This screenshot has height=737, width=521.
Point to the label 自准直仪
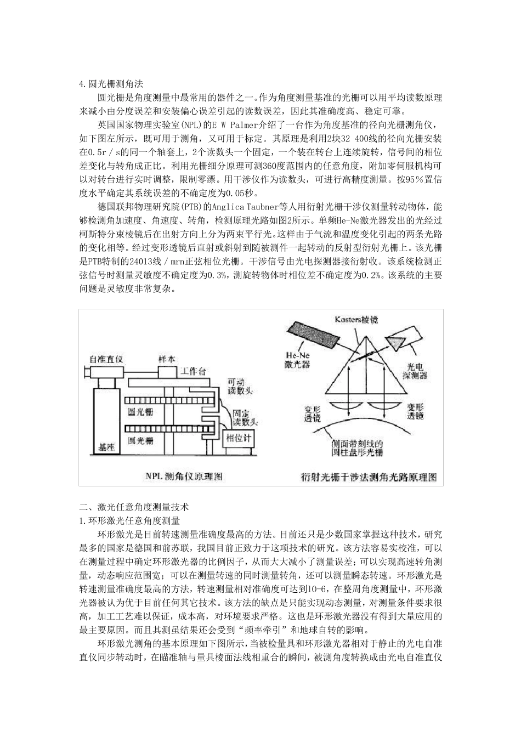click(x=107, y=359)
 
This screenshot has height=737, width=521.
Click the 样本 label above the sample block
click(x=167, y=359)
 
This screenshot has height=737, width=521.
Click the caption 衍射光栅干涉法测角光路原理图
click(x=369, y=477)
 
